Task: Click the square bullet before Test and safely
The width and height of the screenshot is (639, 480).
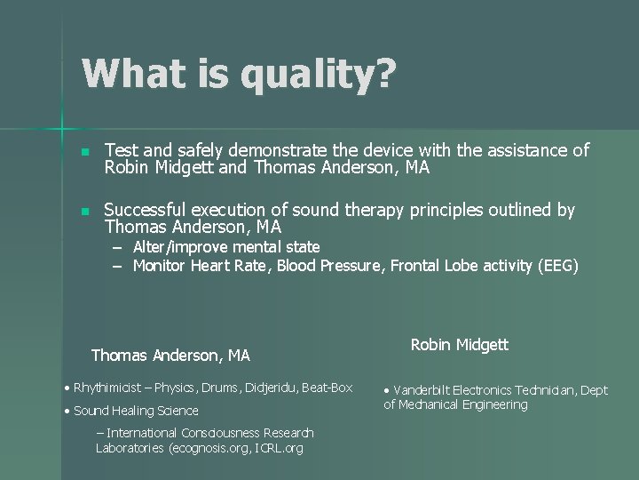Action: tap(84, 152)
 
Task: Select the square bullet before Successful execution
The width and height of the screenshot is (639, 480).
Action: tap(84, 212)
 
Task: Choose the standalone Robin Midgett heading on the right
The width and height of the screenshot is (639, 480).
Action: tap(460, 345)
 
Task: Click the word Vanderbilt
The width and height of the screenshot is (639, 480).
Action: tap(423, 389)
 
